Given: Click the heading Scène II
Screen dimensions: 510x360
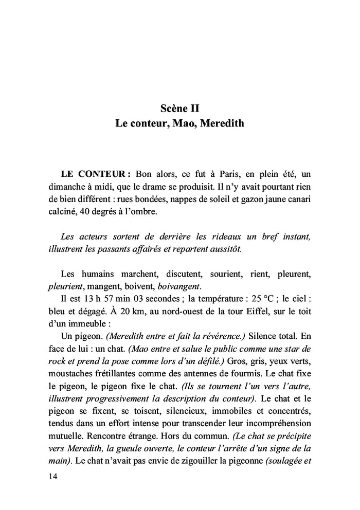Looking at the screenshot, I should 179,108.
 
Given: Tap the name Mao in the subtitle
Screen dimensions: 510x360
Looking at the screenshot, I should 183,124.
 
